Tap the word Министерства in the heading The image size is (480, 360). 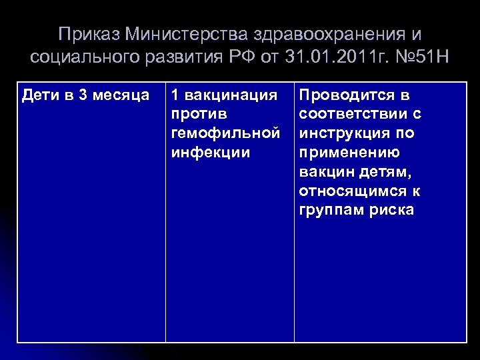pos(176,34)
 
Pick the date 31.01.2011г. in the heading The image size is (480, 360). pos(335,57)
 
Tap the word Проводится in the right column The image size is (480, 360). pos(347,95)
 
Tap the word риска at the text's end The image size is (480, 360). pos(391,211)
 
